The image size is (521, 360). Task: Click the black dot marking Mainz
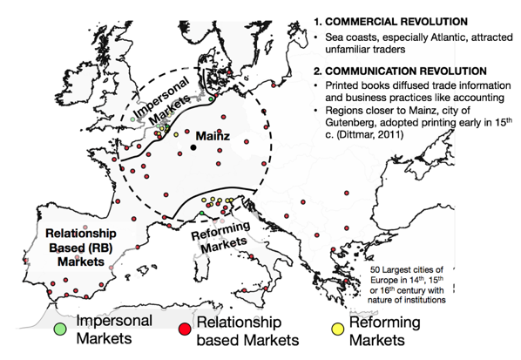(x=193, y=147)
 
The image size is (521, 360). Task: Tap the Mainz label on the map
(x=213, y=136)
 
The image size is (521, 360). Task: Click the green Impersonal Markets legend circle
(x=60, y=329)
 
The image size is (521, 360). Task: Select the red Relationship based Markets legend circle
(x=185, y=329)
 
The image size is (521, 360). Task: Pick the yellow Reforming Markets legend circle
(x=337, y=329)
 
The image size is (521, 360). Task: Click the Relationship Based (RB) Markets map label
(x=81, y=248)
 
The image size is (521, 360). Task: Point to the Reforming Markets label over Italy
(x=221, y=237)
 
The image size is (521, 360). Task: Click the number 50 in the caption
(x=376, y=269)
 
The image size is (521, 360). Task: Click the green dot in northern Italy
(x=201, y=213)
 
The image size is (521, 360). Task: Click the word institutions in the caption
(x=427, y=300)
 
